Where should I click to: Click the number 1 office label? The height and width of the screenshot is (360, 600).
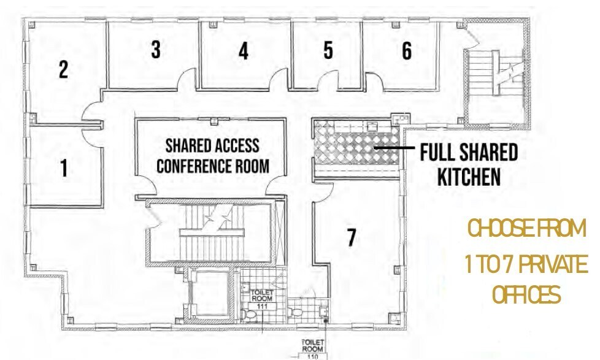(64, 168)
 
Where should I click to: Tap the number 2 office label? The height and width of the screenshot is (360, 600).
(64, 69)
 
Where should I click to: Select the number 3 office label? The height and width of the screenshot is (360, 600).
(155, 49)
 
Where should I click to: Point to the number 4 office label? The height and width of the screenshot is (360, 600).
(244, 51)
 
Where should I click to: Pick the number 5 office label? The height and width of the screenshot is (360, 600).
(328, 50)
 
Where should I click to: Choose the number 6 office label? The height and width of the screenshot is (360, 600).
(407, 50)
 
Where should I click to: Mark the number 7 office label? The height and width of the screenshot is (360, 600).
(352, 237)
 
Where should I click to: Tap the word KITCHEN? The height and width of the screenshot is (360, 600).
(469, 177)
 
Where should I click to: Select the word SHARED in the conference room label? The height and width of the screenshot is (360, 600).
(185, 146)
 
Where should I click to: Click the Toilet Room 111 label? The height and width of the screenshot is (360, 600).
(262, 299)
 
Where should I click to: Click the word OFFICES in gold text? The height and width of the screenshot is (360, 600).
(526, 295)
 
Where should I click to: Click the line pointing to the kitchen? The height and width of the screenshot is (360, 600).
(394, 147)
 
